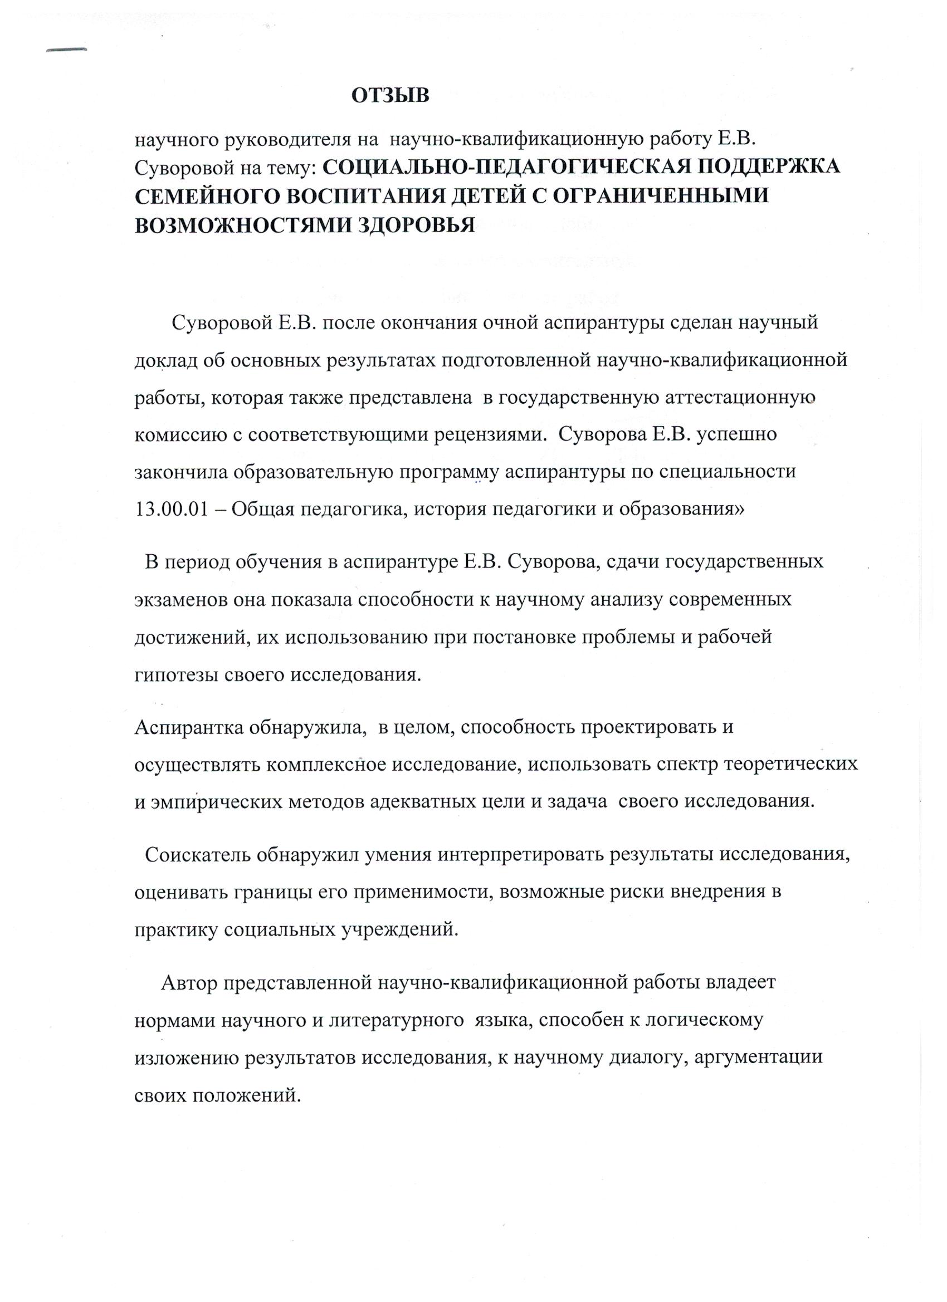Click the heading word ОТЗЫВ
pos(390,96)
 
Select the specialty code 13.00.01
pos(170,510)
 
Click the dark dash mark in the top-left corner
pos(66,51)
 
